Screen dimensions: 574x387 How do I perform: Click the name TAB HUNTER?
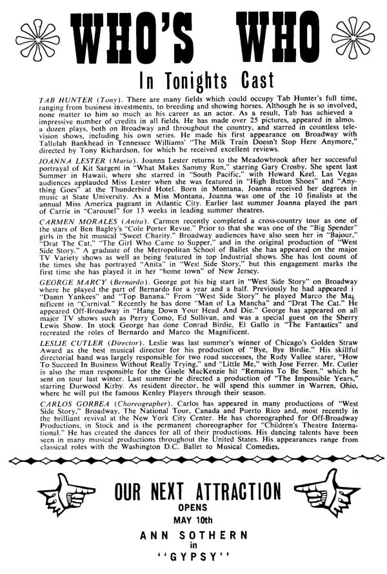43,102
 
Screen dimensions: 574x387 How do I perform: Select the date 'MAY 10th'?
193,535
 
